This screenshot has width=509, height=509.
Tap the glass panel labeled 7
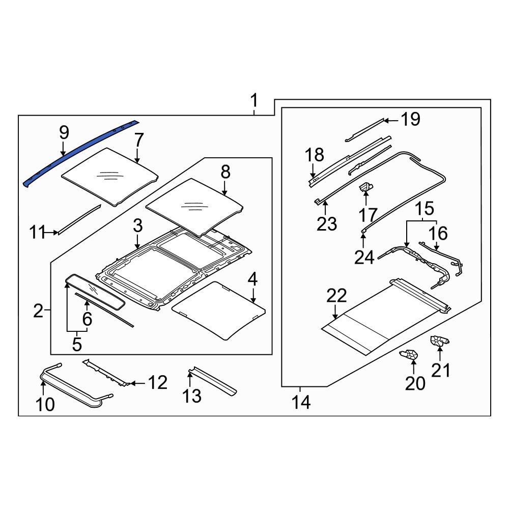(109, 176)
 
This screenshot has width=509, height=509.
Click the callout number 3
(137, 227)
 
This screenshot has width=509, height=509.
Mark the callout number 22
(336, 296)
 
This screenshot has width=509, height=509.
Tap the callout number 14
(300, 403)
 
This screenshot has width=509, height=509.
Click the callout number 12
(157, 382)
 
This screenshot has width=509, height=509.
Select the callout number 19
(410, 120)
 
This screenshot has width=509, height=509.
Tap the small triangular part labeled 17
(365, 189)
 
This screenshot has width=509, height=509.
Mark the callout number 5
(76, 345)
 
